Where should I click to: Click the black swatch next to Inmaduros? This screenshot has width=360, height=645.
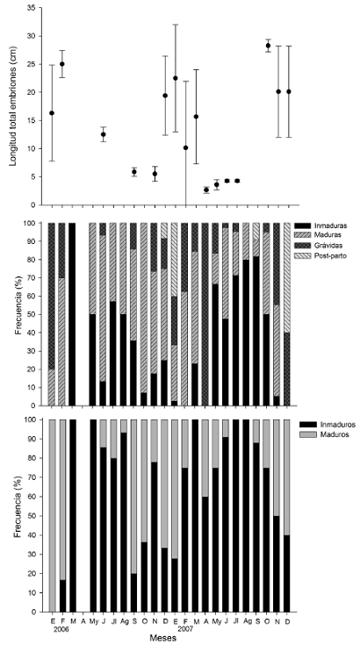point(311,425)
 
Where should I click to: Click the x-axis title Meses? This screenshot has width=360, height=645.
point(163,638)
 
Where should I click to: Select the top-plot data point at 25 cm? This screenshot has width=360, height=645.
point(62,64)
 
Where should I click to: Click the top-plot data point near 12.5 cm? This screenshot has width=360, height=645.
point(104,134)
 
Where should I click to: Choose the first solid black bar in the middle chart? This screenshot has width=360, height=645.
point(72,314)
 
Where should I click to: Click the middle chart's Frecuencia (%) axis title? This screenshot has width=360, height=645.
point(19,314)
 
